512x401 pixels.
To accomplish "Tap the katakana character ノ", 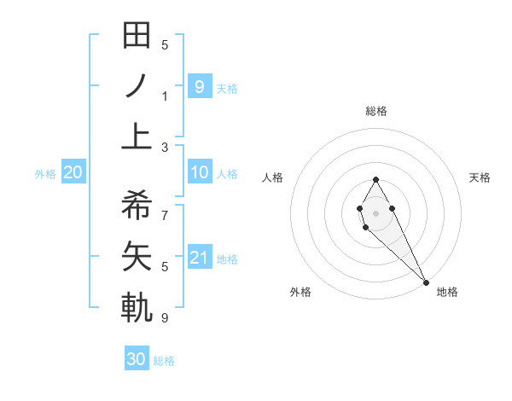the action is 137,86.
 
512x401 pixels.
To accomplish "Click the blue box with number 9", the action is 200,86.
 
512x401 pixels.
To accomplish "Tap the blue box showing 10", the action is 200,173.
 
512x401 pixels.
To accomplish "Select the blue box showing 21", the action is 200,258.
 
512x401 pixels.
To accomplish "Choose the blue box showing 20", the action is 73,173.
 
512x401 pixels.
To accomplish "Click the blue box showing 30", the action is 137,359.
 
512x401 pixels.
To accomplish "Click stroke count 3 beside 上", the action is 164,147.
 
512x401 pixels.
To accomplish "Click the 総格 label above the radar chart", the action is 376,111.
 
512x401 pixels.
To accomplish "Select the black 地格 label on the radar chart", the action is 447,292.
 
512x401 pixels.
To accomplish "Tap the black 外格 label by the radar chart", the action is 300,292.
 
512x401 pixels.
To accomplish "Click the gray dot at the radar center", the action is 375,213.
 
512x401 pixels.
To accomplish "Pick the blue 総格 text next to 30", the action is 164,361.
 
